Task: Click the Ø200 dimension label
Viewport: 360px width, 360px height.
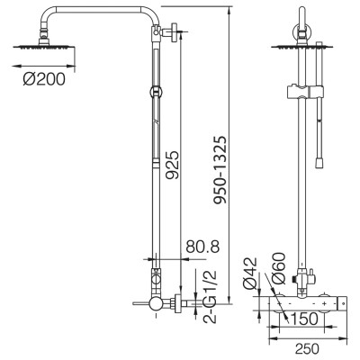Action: [44, 79]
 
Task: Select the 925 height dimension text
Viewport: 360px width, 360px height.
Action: [173, 165]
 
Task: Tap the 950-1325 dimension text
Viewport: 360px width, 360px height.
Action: [220, 170]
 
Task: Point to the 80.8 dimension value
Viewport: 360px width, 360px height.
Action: [202, 247]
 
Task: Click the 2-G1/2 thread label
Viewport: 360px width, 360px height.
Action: [210, 297]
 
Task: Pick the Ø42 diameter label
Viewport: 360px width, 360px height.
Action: [250, 274]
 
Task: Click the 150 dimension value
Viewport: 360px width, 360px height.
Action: [304, 319]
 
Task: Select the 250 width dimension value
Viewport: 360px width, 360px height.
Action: [307, 348]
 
